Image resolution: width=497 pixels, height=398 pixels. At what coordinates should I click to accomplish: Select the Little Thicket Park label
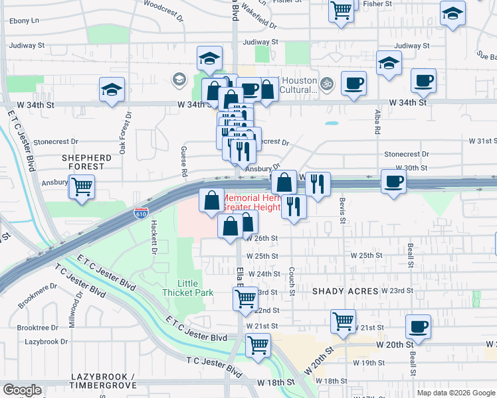pos(188,288)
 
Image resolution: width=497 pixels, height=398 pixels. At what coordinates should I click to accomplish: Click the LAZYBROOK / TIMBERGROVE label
pos(103,381)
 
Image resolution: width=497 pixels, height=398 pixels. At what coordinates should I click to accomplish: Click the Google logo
pos(23,390)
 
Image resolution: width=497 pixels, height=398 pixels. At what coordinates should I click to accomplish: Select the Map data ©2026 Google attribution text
pos(455,393)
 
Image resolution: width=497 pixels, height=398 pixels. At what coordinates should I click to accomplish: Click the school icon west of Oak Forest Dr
pos(112,90)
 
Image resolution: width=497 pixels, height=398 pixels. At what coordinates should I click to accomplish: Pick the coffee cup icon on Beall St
pos(418,326)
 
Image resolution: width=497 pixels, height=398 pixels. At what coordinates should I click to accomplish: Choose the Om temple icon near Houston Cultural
pos(326,84)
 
